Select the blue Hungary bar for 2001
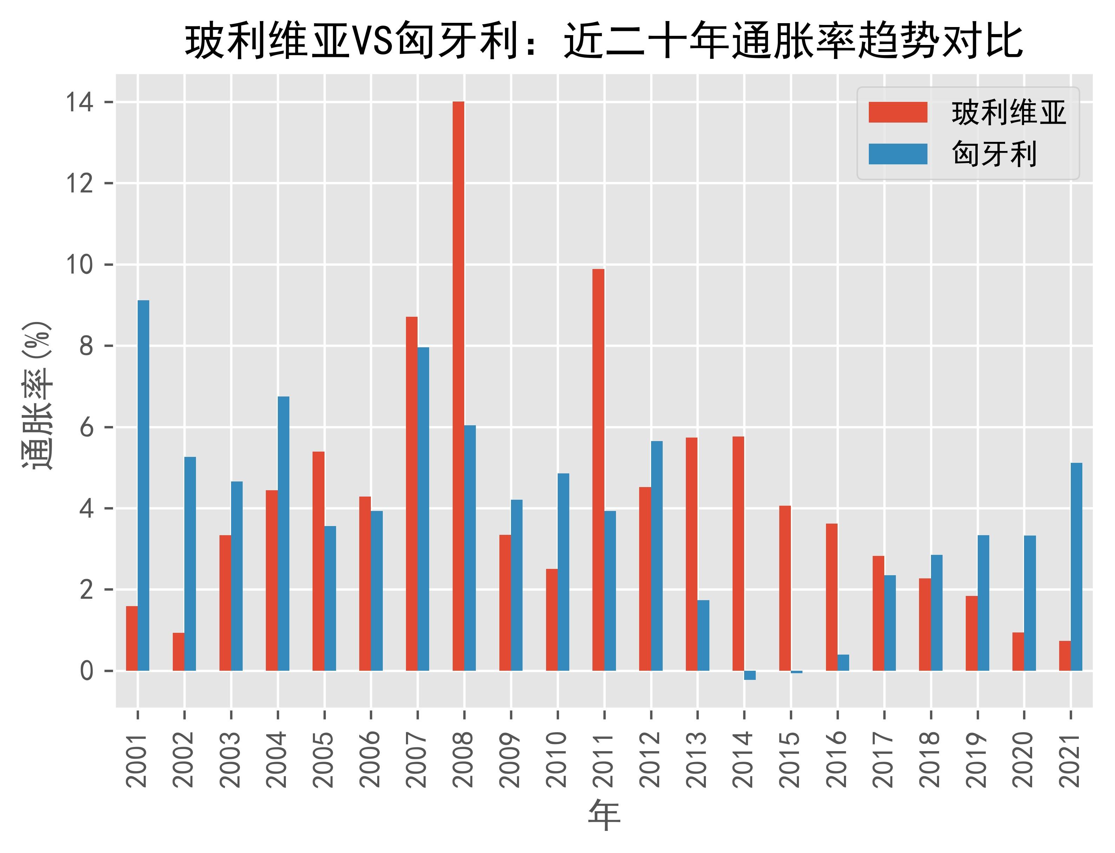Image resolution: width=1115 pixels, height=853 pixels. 144,485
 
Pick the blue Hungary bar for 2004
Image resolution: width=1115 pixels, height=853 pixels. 283,533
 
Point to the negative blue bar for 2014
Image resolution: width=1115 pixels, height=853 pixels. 750,675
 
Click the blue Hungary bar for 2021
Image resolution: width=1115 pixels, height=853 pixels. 1076,567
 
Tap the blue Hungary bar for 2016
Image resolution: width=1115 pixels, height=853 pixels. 843,663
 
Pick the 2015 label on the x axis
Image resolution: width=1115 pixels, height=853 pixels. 791,759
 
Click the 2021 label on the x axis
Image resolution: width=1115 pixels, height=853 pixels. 1070,759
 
